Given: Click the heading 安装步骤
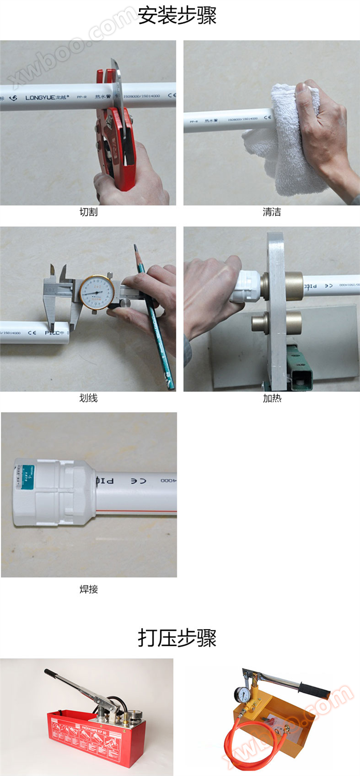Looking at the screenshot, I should point(177,16).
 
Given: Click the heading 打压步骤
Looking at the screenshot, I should point(177,638).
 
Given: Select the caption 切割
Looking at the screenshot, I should point(88,212).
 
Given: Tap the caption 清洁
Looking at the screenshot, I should point(272,212).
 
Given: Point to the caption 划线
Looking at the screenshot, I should point(88,398).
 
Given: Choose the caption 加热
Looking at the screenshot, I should point(272,398).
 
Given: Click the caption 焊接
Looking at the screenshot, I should point(88,589).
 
